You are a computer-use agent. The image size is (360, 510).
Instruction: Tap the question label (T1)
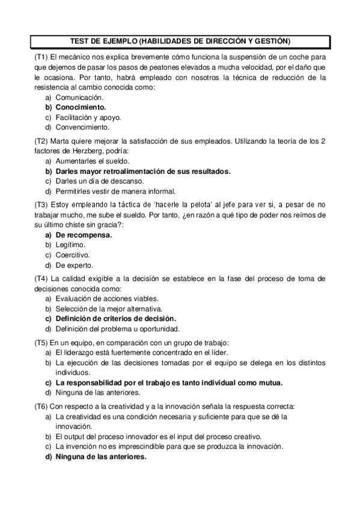click(x=41, y=56)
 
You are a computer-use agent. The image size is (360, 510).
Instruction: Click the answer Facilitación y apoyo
click(x=88, y=117)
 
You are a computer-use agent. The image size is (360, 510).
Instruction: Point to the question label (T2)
click(x=41, y=141)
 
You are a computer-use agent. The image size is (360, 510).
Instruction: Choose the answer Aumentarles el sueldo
click(x=92, y=161)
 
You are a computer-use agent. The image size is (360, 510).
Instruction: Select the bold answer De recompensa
click(x=84, y=235)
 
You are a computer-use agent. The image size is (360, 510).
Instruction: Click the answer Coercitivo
click(x=74, y=255)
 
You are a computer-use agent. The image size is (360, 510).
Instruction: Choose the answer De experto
click(x=74, y=265)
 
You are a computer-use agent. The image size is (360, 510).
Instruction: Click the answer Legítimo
click(x=70, y=245)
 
